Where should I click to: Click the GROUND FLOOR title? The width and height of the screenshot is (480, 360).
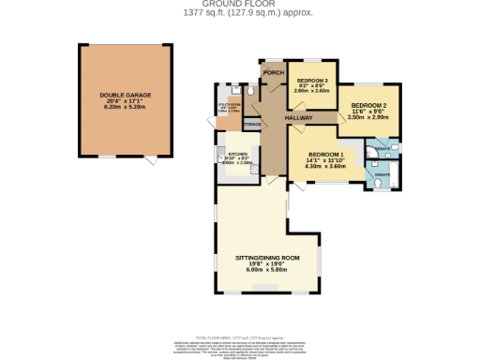point(241,4)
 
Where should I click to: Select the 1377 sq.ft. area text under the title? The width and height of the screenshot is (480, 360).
point(241,12)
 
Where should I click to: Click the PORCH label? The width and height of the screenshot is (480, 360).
point(274,73)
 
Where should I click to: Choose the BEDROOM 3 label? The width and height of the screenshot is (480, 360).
point(311,80)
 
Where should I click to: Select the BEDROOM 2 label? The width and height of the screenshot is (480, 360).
point(368,106)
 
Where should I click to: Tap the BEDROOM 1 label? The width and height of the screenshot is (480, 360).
point(327,154)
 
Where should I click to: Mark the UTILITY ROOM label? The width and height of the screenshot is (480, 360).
point(229,105)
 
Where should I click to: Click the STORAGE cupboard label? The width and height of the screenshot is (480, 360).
point(251,124)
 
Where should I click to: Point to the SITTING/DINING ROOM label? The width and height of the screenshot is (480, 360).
point(267,256)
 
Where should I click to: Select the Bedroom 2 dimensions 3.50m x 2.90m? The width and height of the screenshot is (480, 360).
point(368,119)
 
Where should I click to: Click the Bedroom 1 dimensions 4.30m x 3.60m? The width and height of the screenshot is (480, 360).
point(327,167)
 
